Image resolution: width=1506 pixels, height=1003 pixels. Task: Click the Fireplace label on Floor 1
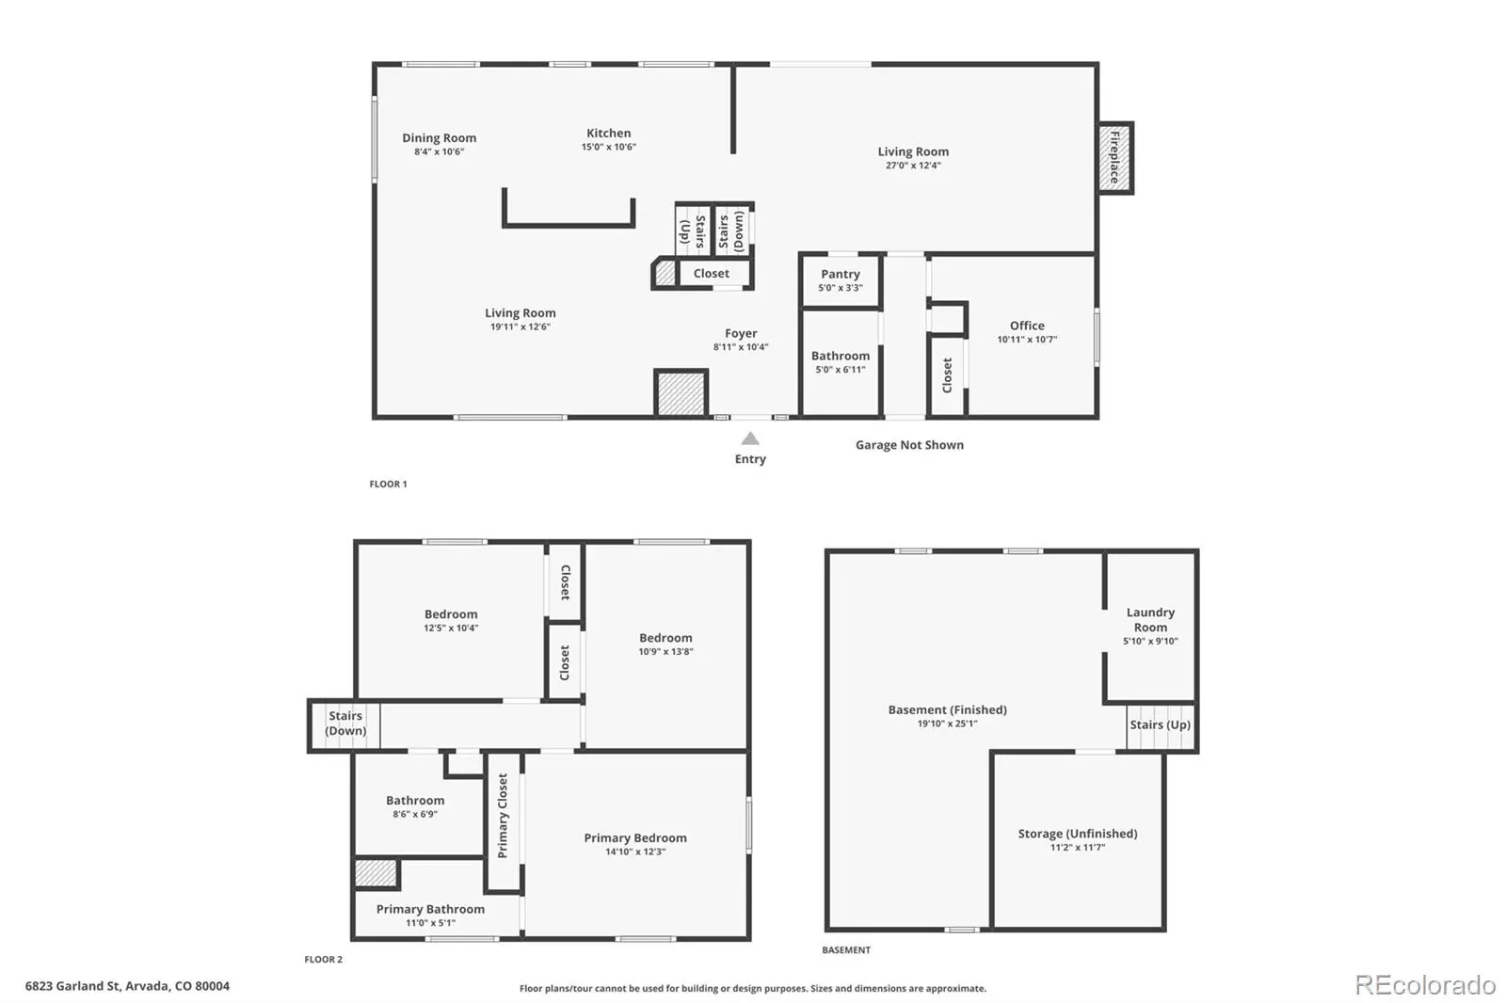(x=1114, y=157)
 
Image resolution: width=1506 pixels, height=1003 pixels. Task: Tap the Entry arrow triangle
(x=750, y=439)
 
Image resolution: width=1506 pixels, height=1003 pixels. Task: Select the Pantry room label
(x=841, y=275)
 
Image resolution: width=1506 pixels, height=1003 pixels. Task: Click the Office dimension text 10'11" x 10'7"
(x=1027, y=340)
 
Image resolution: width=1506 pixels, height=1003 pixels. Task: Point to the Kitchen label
(x=608, y=133)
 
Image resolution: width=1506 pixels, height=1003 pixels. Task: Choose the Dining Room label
(x=439, y=137)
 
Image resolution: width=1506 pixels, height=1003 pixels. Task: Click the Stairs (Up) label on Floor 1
(x=693, y=231)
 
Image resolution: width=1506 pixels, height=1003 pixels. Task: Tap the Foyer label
(x=741, y=333)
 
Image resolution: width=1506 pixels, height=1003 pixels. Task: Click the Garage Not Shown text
(x=909, y=445)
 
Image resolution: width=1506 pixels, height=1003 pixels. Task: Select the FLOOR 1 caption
(x=388, y=484)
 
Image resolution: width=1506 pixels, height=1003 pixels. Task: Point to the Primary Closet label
(x=503, y=816)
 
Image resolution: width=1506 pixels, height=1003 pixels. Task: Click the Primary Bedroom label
(x=635, y=837)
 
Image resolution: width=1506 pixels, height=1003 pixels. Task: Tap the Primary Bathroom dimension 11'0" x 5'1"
(x=430, y=923)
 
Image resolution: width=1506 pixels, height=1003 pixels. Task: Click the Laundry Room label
(x=1150, y=620)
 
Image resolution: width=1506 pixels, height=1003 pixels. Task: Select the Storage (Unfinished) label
(x=1078, y=834)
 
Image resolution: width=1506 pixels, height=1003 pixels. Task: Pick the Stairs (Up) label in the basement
(x=1160, y=724)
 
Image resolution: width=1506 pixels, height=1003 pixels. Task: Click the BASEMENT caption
(x=846, y=950)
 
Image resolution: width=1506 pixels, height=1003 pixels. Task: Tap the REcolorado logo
(x=1425, y=985)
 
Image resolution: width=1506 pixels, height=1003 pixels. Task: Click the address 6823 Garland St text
(x=73, y=986)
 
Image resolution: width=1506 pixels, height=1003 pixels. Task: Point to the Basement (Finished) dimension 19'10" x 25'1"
(x=947, y=724)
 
